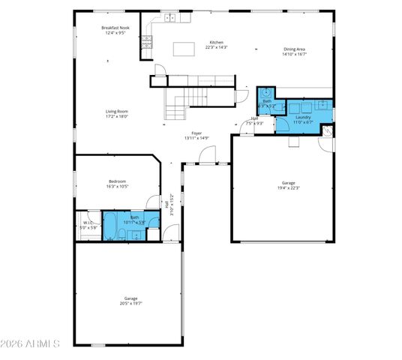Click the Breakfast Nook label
click(116, 28)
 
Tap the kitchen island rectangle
click(184, 49)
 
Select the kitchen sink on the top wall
click(170, 16)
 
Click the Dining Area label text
click(293, 49)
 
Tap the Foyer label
click(196, 133)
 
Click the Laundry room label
click(303, 117)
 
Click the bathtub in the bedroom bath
click(110, 224)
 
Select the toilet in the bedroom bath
click(153, 222)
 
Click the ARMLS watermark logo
click(30, 343)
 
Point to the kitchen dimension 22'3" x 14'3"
click(216, 47)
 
